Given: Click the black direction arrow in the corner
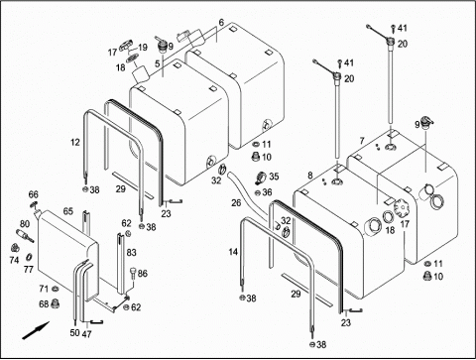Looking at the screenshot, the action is [36, 330].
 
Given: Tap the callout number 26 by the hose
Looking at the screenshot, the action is [236, 202].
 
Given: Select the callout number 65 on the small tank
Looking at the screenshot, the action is [68, 211].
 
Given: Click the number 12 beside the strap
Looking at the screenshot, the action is [75, 142].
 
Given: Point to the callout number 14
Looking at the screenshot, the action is [233, 252].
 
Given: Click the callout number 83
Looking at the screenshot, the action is [131, 252].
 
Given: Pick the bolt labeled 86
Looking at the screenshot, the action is [133, 273].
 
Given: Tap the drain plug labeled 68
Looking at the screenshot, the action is [55, 303].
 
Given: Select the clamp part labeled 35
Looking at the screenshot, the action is [261, 178].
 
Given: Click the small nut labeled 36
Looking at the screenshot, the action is [258, 192].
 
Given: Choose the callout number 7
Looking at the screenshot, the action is [362, 141].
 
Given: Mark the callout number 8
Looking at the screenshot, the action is [309, 176].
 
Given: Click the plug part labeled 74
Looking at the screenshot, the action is [15, 247].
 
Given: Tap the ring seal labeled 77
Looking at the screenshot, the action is [29, 257].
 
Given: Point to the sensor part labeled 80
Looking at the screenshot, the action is [24, 235].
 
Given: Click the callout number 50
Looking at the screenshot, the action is [74, 332].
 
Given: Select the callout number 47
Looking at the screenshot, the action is [86, 334].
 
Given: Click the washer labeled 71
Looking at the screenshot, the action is [55, 290].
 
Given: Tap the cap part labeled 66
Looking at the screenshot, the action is [34, 204].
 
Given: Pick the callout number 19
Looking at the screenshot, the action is [143, 48].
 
